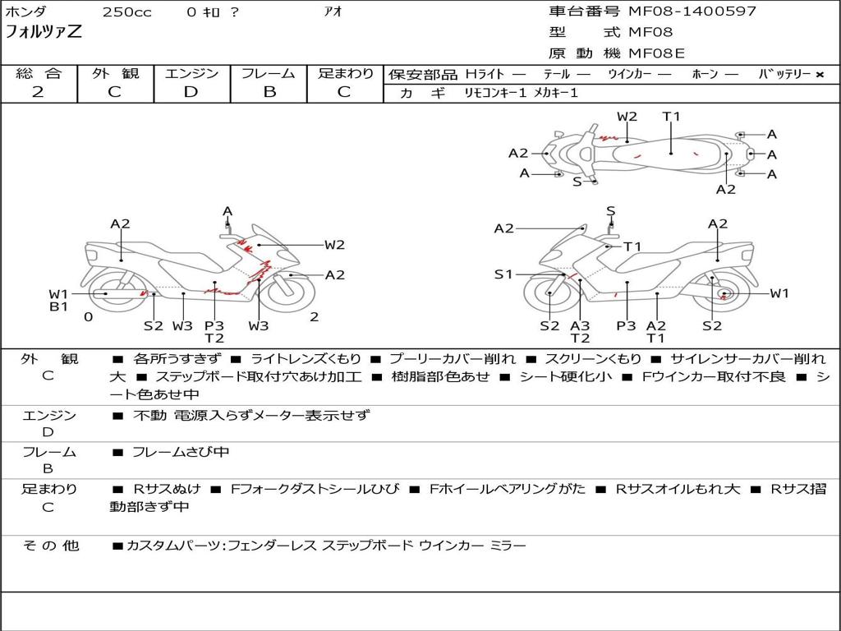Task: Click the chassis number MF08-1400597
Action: (692, 12)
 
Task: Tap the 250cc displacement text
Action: (126, 12)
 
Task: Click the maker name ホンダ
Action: (26, 12)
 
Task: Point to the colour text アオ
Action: (335, 12)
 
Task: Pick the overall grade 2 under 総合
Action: (38, 92)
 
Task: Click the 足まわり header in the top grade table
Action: (346, 74)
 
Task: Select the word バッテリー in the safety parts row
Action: (784, 75)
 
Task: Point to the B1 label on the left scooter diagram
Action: (58, 307)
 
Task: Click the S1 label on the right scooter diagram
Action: (503, 274)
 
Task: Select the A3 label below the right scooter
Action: (580, 326)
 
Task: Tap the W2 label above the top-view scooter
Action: (627, 117)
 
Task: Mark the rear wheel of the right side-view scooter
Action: (723, 293)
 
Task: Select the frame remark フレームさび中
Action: (181, 452)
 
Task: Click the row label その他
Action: (50, 546)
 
